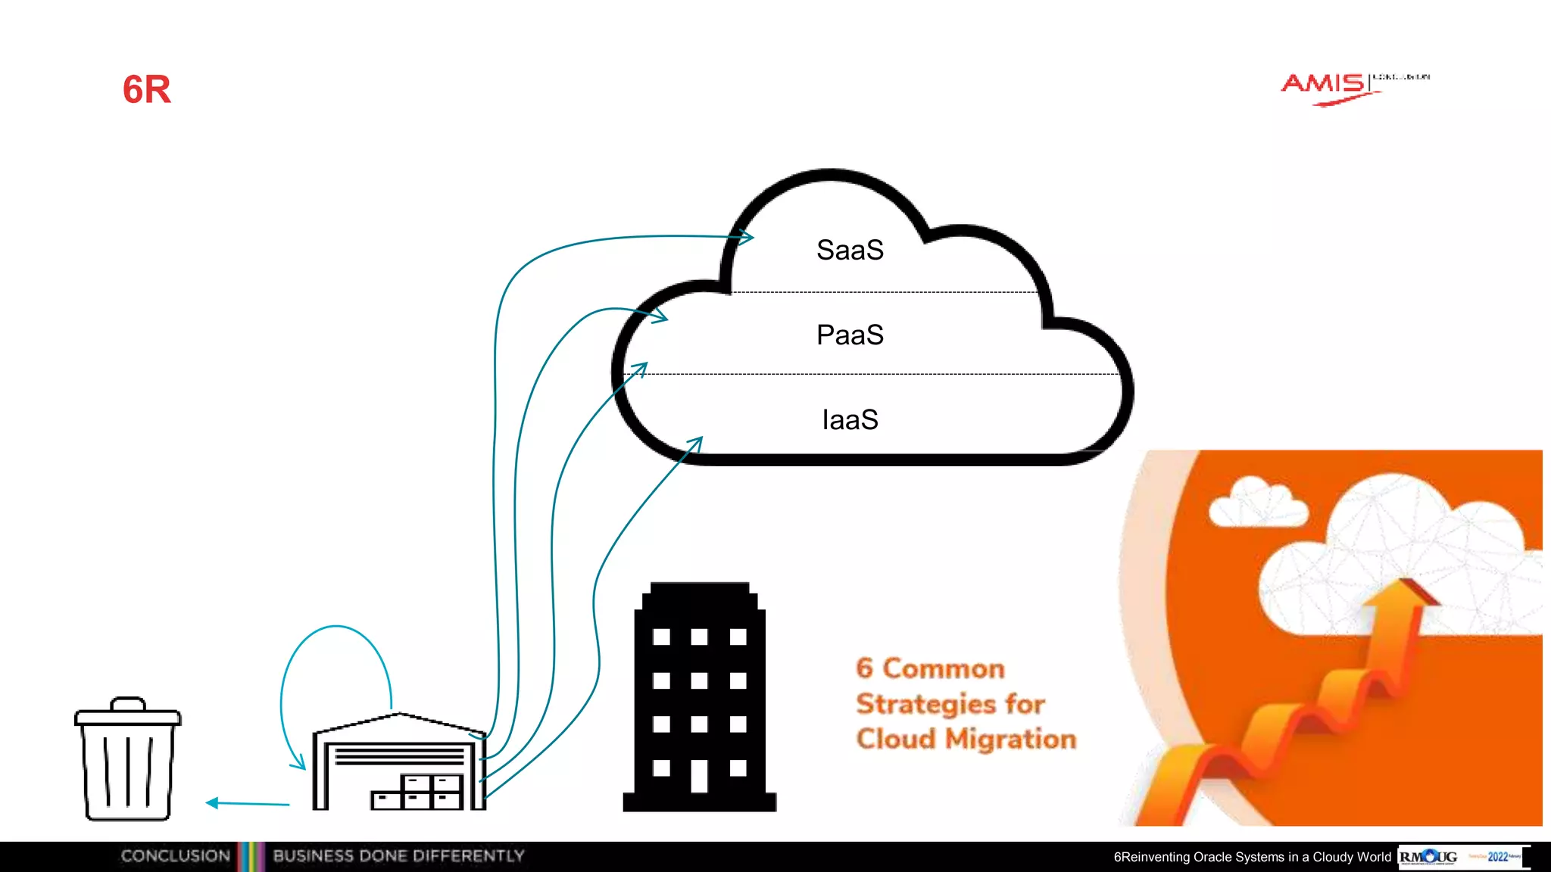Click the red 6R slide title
(147, 89)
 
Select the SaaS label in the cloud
(850, 251)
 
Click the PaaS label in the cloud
(850, 335)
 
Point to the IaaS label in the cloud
(850, 420)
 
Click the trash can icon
(128, 761)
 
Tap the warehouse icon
(399, 765)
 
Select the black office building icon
(699, 696)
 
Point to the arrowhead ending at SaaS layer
(745, 238)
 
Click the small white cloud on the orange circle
(1257, 503)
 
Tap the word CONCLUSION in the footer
(175, 856)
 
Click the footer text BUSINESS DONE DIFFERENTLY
(398, 856)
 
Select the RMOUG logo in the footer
(1428, 857)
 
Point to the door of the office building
(699, 776)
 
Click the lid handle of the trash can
(128, 704)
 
